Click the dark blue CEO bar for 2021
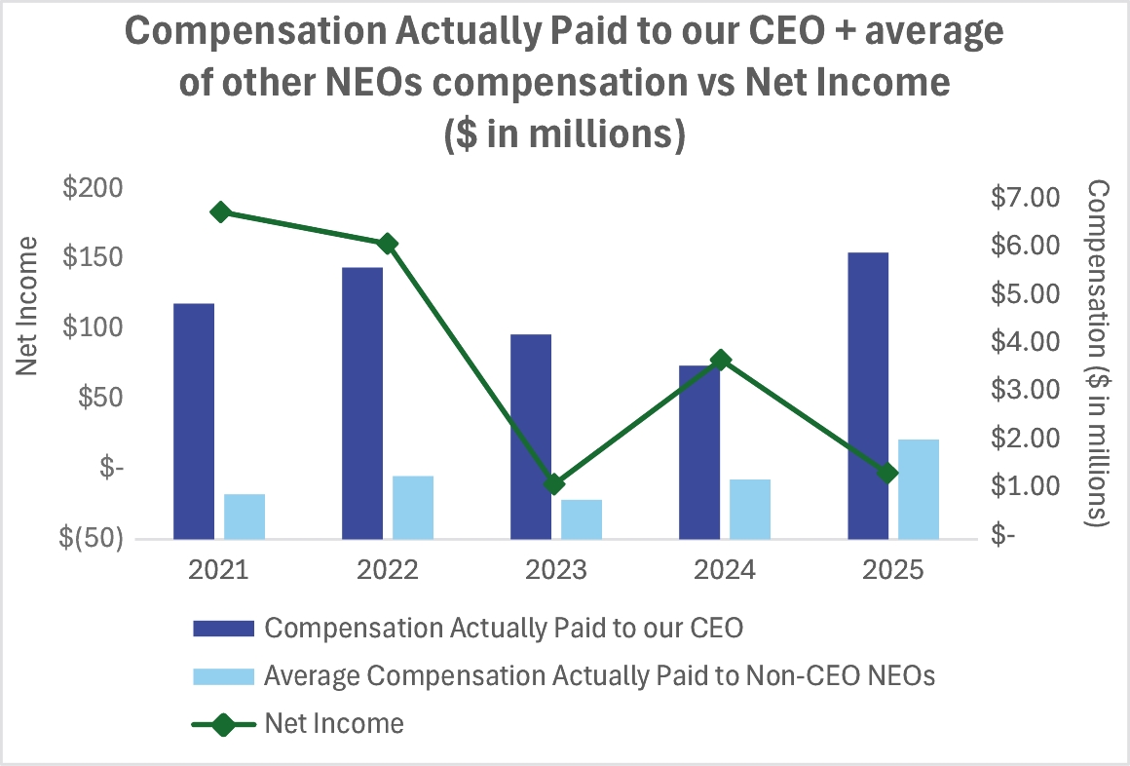click(194, 421)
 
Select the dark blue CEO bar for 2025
click(868, 396)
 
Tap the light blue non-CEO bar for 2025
click(919, 489)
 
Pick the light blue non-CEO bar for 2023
click(582, 519)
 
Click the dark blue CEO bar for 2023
click(531, 437)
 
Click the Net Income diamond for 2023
click(555, 484)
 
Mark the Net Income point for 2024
click(721, 360)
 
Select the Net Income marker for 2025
click(887, 474)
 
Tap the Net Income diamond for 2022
click(388, 244)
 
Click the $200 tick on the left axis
click(94, 188)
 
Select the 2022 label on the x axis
click(387, 570)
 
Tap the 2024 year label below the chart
click(724, 570)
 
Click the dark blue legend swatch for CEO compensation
click(223, 628)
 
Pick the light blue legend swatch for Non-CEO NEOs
click(223, 675)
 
